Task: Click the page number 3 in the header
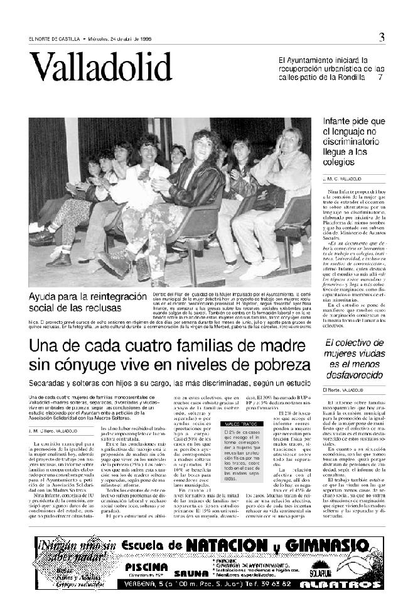click(x=381, y=37)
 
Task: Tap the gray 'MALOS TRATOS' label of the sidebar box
click(x=235, y=425)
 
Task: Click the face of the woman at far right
click(x=292, y=138)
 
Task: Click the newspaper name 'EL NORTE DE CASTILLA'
click(x=53, y=38)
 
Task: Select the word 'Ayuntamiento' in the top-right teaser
click(x=311, y=60)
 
